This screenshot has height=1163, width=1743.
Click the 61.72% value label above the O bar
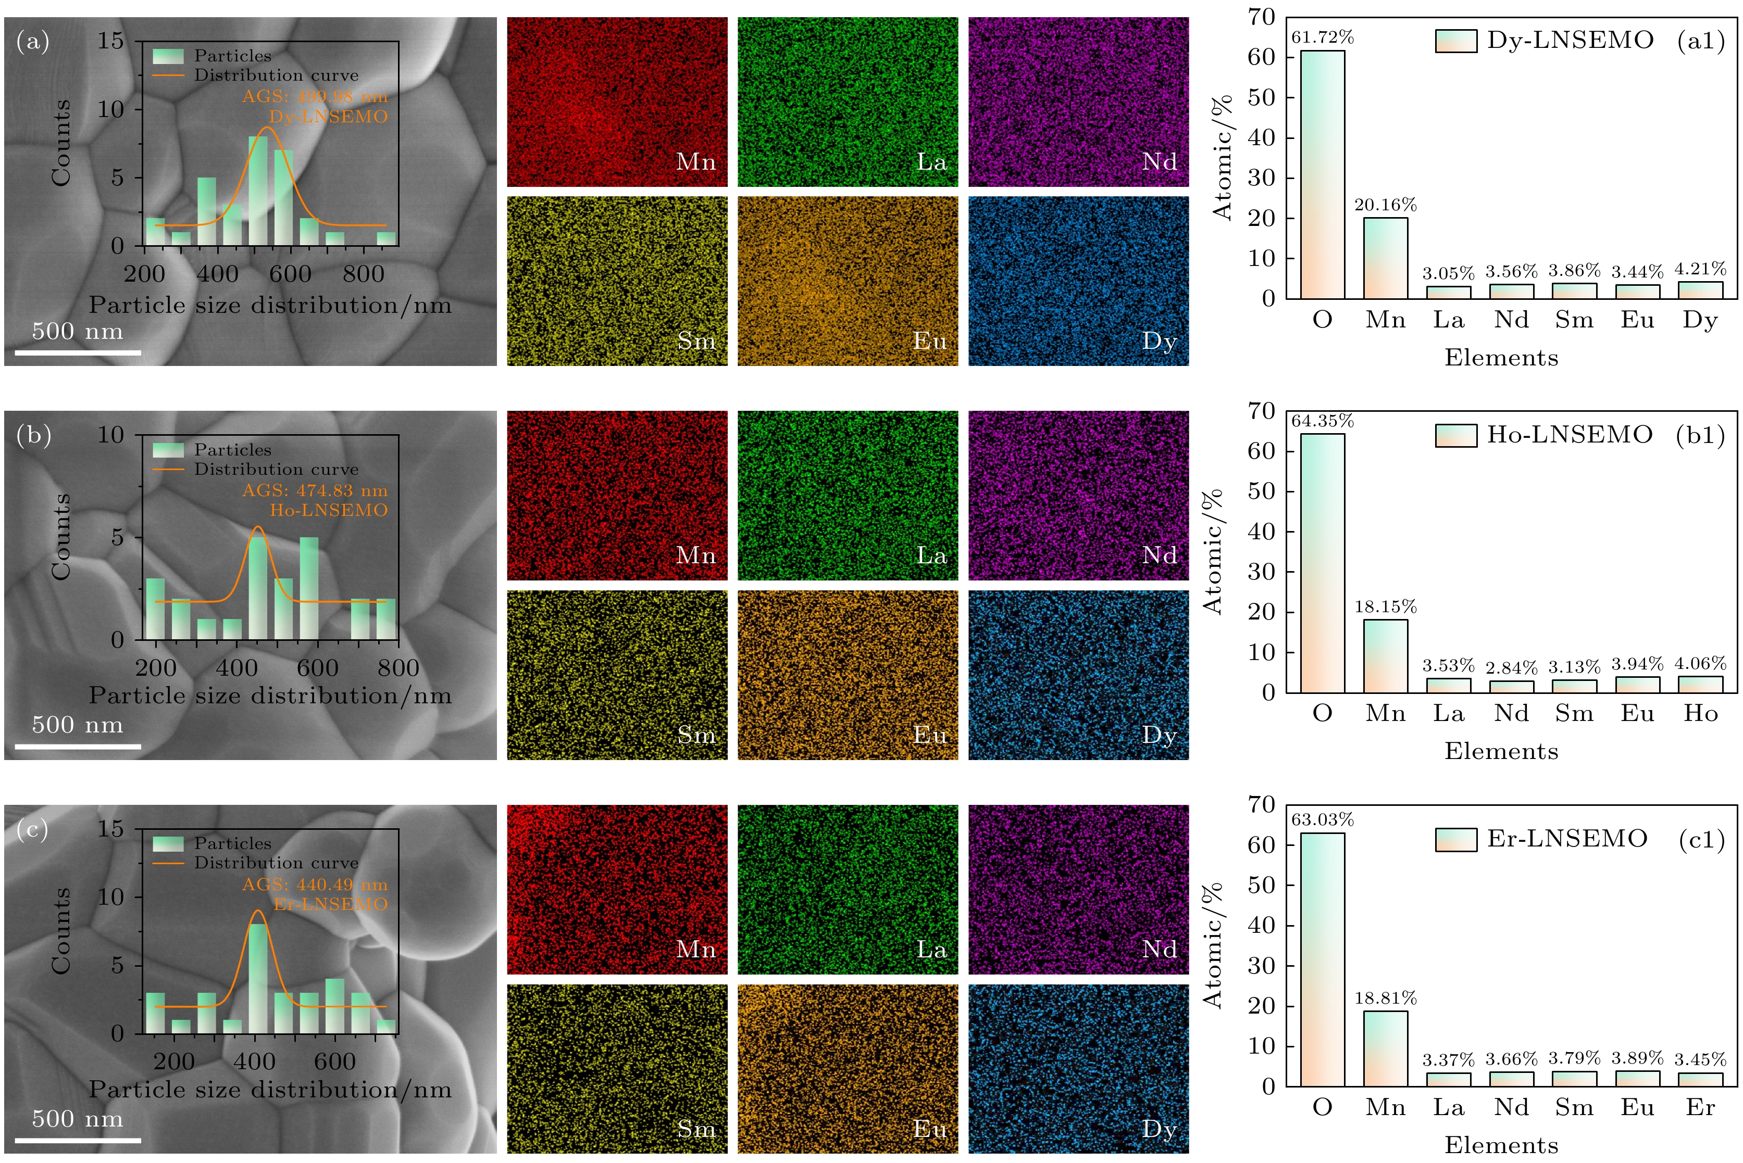coord(1322,37)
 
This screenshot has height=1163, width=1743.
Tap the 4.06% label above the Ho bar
coord(1700,664)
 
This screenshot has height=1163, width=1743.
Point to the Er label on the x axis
coord(1700,1107)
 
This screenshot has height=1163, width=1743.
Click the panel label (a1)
coord(1701,41)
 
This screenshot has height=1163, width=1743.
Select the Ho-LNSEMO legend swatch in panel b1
coord(1455,435)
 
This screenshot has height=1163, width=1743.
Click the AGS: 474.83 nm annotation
coord(315,490)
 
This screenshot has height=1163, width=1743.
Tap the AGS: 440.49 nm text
coord(315,884)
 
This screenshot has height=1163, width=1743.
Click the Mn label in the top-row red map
coord(695,162)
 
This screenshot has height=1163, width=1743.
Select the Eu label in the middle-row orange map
coord(930,735)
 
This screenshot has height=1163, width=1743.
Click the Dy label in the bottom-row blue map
coord(1159,1129)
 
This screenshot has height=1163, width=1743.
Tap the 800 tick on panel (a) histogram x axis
coord(363,274)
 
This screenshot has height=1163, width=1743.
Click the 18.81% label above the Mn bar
coord(1385,998)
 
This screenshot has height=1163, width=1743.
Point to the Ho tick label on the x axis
coord(1700,714)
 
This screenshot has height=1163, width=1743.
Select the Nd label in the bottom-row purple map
coord(1159,950)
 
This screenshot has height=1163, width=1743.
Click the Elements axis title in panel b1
coord(1500,751)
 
